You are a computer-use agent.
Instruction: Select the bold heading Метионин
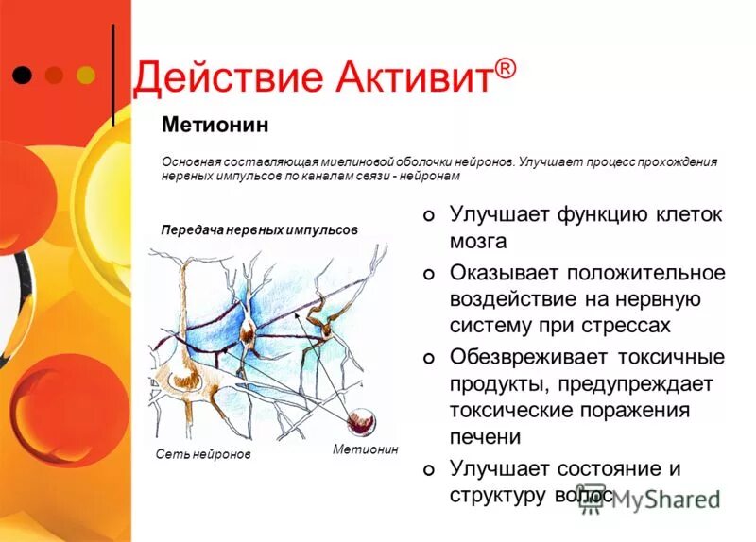pyautogui.click(x=215, y=125)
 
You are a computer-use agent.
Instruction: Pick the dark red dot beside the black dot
pyautogui.click(x=54, y=74)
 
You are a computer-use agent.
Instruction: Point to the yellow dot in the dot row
pyautogui.click(x=85, y=74)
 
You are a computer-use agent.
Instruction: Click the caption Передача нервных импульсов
pyautogui.click(x=259, y=229)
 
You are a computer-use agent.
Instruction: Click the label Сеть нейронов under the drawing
pyautogui.click(x=203, y=454)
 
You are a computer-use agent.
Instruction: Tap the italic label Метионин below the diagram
pyautogui.click(x=366, y=449)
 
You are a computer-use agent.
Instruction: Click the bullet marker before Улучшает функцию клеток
pyautogui.click(x=429, y=216)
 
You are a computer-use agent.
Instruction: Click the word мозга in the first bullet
pyautogui.click(x=478, y=241)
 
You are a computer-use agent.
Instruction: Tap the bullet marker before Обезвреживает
pyautogui.click(x=429, y=359)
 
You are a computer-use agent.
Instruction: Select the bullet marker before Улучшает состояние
pyautogui.click(x=429, y=470)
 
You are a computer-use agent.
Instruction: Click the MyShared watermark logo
pyautogui.click(x=652, y=499)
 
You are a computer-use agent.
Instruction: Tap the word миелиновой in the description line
pyautogui.click(x=356, y=161)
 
